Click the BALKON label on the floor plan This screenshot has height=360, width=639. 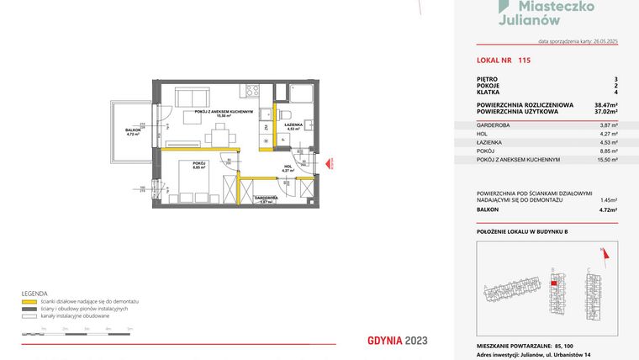[x=132, y=130]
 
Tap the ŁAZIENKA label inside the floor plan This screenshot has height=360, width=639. [x=293, y=125]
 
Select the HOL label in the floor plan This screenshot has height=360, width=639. [x=288, y=168]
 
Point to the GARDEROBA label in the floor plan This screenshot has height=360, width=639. [x=266, y=199]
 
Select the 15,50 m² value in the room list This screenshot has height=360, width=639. [x=607, y=159]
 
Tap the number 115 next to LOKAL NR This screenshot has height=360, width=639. [x=525, y=61]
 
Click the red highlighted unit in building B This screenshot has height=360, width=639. [x=552, y=283]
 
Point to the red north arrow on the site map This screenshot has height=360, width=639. [x=602, y=251]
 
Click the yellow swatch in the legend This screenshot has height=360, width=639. [x=28, y=300]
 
